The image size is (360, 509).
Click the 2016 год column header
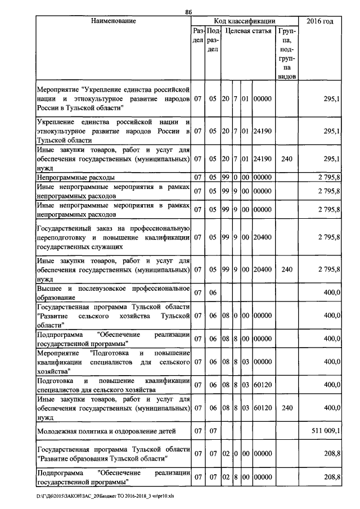click(319, 21)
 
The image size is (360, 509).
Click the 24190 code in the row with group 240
click(263, 159)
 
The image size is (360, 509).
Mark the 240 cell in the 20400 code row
click(287, 269)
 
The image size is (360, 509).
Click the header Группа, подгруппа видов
click(287, 51)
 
